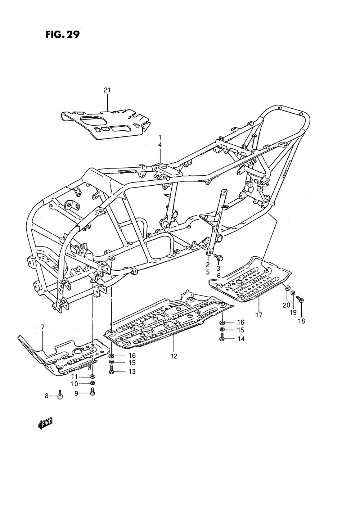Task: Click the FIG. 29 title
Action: (62, 35)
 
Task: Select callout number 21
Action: (107, 90)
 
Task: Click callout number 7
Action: (43, 327)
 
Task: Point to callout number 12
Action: (174, 356)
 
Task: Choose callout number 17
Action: (258, 315)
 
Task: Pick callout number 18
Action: (301, 321)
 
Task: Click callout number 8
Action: (46, 396)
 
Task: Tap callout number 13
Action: (132, 371)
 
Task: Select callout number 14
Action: (240, 339)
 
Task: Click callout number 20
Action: (286, 305)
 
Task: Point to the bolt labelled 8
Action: (60, 394)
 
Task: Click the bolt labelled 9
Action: (92, 392)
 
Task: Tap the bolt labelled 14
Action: (222, 337)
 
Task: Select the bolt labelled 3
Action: (219, 257)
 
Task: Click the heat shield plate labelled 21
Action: (106, 124)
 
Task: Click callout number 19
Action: (293, 312)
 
